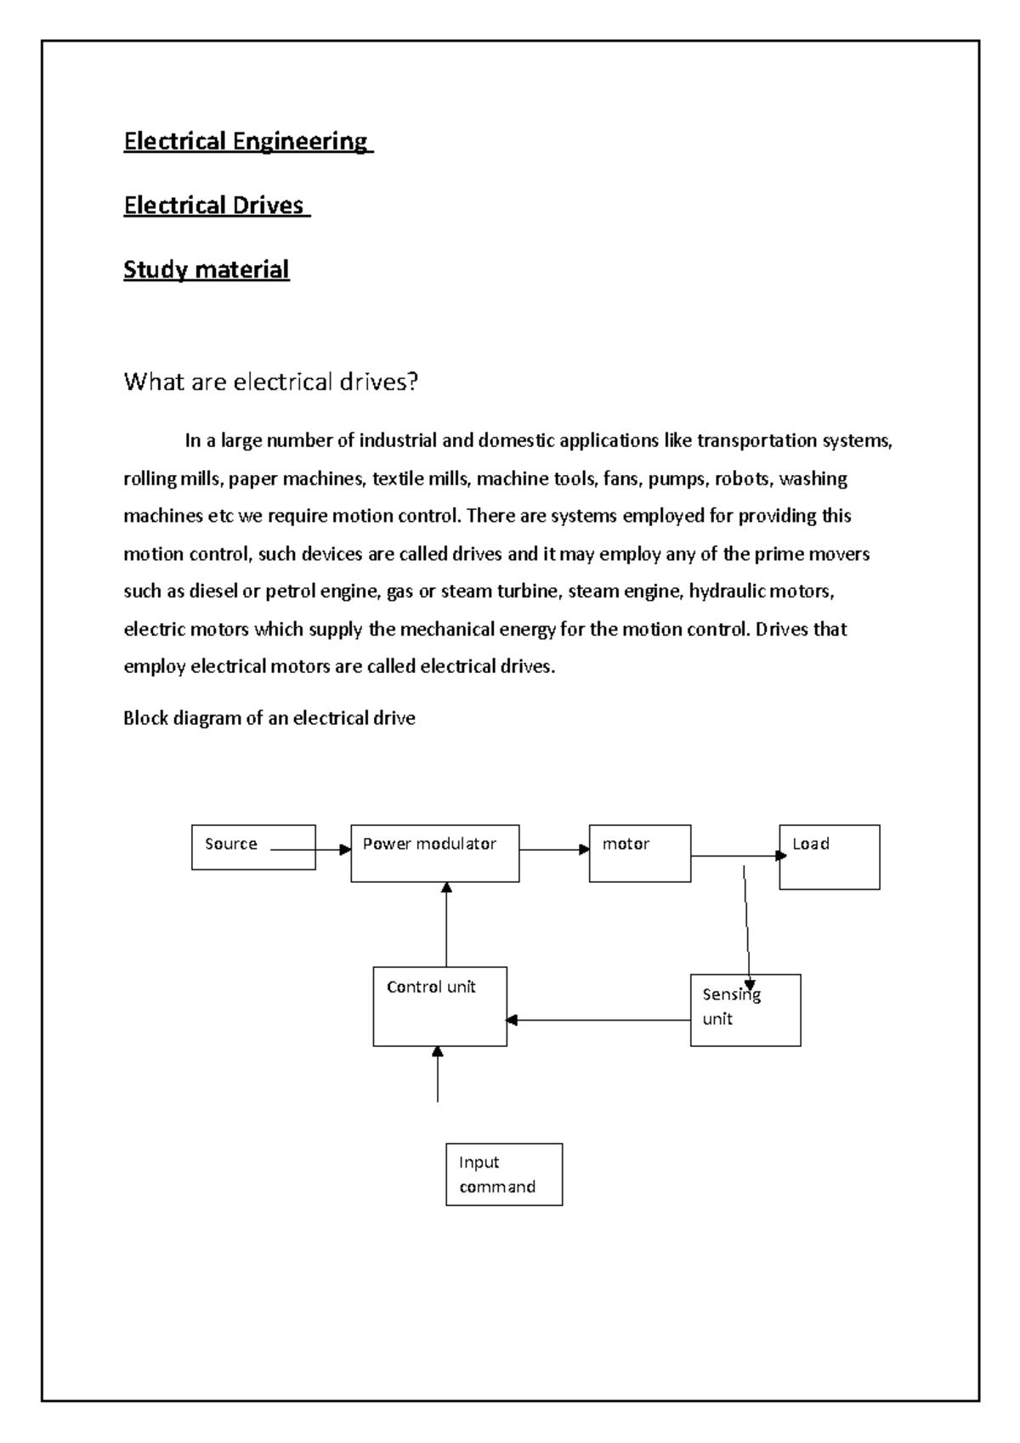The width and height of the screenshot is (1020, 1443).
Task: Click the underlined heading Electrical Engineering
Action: (x=246, y=141)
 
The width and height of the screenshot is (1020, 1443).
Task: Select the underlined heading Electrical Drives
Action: (x=215, y=206)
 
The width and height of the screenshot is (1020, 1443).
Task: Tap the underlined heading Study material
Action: (x=207, y=270)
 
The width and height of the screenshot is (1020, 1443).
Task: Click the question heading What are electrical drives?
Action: (x=271, y=382)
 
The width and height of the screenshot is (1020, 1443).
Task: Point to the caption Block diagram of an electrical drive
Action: (x=269, y=718)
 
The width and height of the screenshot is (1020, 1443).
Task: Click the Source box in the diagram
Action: (x=253, y=847)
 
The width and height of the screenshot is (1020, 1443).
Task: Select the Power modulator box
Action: (x=434, y=853)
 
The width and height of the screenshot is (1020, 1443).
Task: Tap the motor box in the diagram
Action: (x=639, y=853)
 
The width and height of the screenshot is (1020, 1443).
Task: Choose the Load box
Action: (x=829, y=857)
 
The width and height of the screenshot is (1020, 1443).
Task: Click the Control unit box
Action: (x=439, y=1006)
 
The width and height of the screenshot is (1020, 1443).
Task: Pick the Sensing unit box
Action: (x=745, y=1010)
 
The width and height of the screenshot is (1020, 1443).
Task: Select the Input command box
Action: (x=503, y=1174)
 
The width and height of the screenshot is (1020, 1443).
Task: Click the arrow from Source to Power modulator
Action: (x=310, y=849)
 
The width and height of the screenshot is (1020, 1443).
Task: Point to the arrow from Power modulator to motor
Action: (x=554, y=849)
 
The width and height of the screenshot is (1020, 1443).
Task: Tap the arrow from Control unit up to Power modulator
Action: (x=446, y=925)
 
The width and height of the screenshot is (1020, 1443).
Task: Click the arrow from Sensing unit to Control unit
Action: (x=598, y=1020)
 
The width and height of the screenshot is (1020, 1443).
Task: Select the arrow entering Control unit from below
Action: (x=437, y=1074)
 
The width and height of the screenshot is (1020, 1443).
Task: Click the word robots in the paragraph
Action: (x=742, y=479)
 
